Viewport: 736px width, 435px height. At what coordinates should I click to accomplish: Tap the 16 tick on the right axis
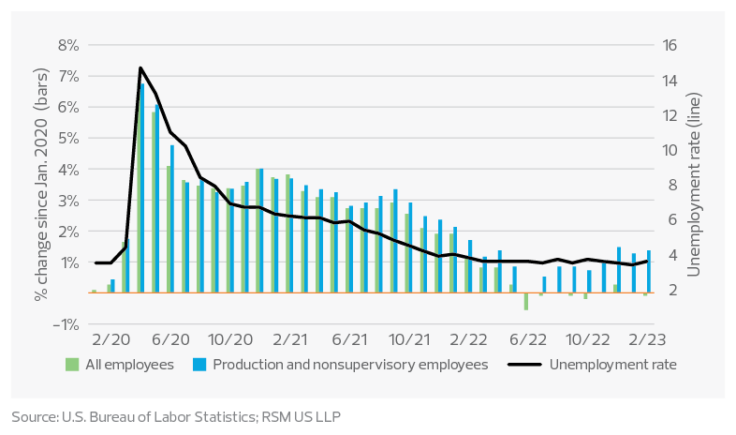pos(673,45)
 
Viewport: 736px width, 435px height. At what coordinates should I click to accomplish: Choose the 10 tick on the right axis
pos(673,150)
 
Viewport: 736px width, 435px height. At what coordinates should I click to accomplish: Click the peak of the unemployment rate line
pos(140,67)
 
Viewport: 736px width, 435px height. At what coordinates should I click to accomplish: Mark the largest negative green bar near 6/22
pos(525,301)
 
